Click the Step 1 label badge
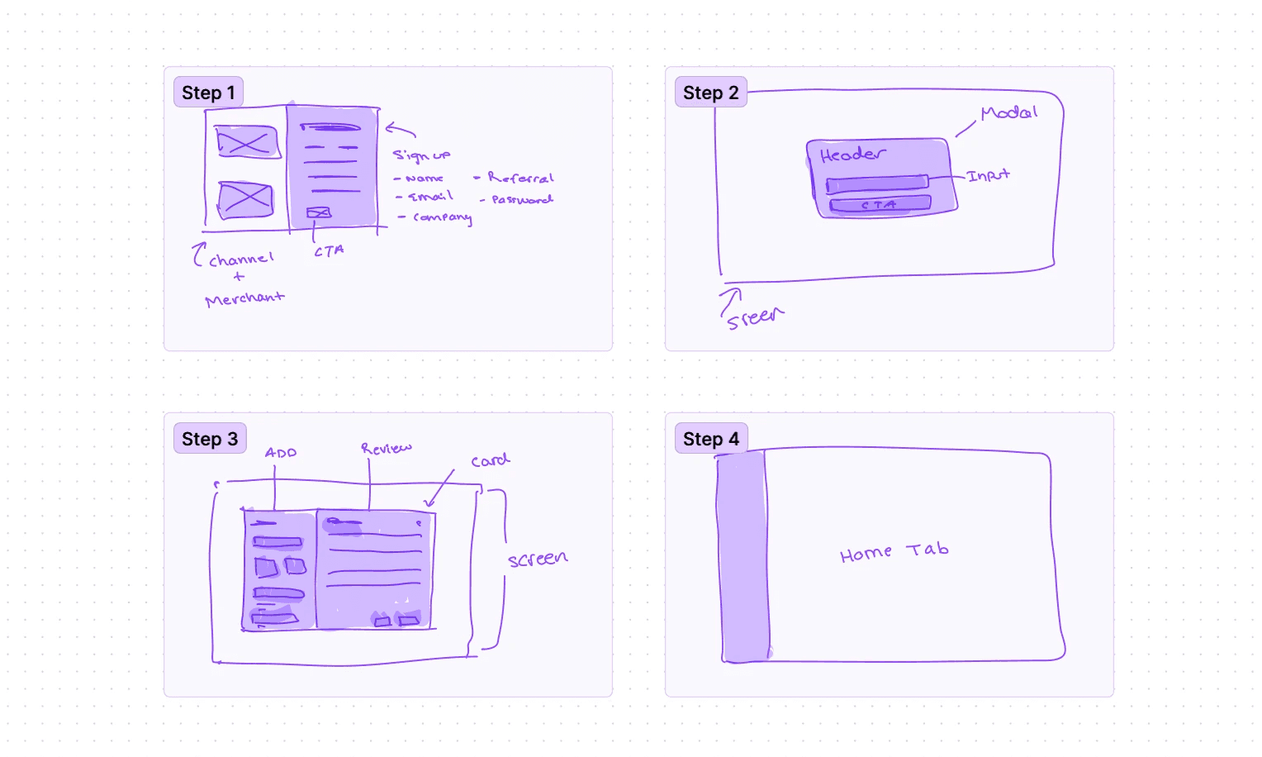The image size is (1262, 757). tap(208, 93)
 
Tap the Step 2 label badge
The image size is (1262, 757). tap(710, 93)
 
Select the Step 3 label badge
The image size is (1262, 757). tap(210, 439)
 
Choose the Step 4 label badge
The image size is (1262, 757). tap(710, 439)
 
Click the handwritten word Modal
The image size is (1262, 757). tap(1008, 112)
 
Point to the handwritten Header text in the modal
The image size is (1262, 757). tap(852, 155)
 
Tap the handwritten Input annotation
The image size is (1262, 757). tap(989, 175)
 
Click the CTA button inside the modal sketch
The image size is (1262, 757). tap(880, 204)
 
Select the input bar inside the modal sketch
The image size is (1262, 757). tap(876, 183)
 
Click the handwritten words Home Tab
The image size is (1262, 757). tap(894, 552)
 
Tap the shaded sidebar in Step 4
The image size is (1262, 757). tap(743, 558)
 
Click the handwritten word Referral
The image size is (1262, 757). tap(520, 178)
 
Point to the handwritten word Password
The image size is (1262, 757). tap(522, 199)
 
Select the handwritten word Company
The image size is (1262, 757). tap(442, 217)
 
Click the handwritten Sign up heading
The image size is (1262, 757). tap(421, 155)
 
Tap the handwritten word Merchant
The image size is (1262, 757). tap(244, 298)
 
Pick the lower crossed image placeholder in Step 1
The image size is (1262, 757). tap(245, 199)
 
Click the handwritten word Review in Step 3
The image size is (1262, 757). tap(386, 448)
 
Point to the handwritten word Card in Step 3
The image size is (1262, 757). tap(490, 460)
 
